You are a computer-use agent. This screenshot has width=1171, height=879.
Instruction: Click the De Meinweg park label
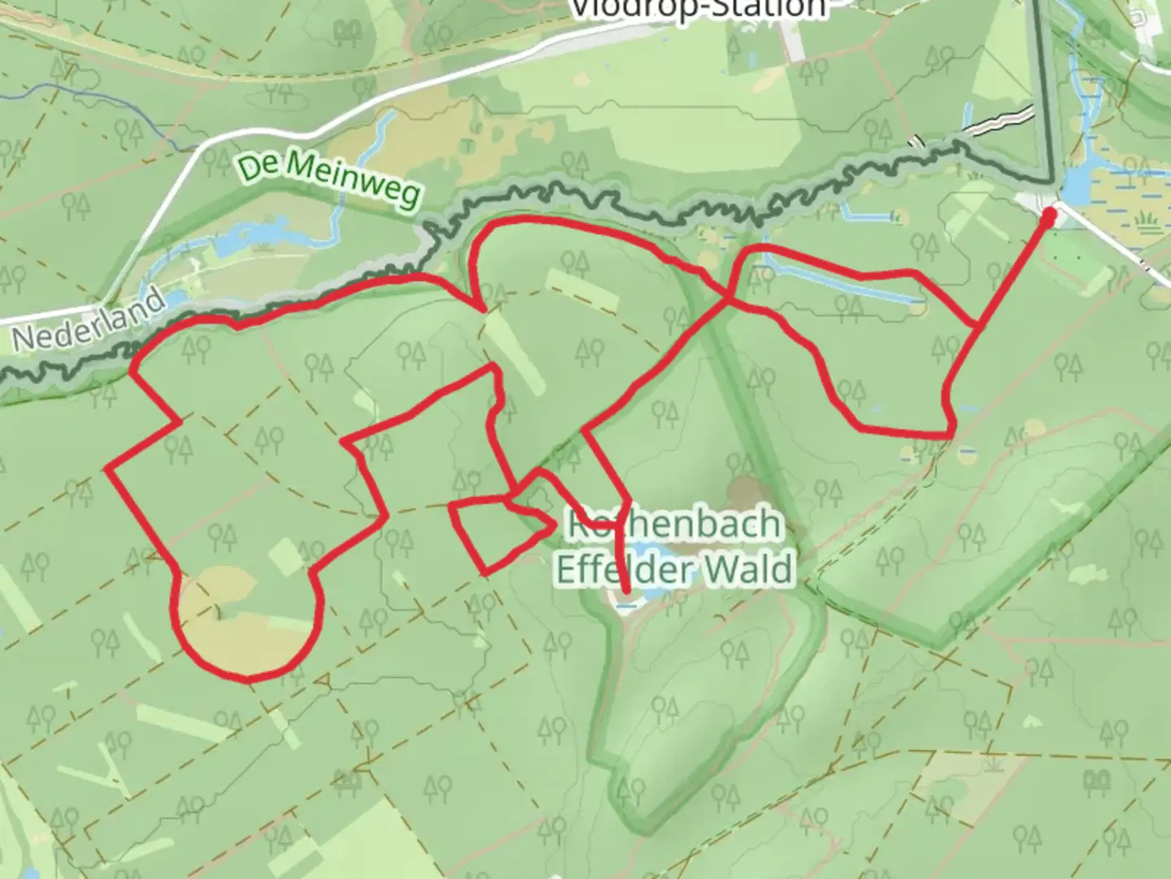coord(330,180)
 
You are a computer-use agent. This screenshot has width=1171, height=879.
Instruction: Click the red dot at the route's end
coord(1049,216)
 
